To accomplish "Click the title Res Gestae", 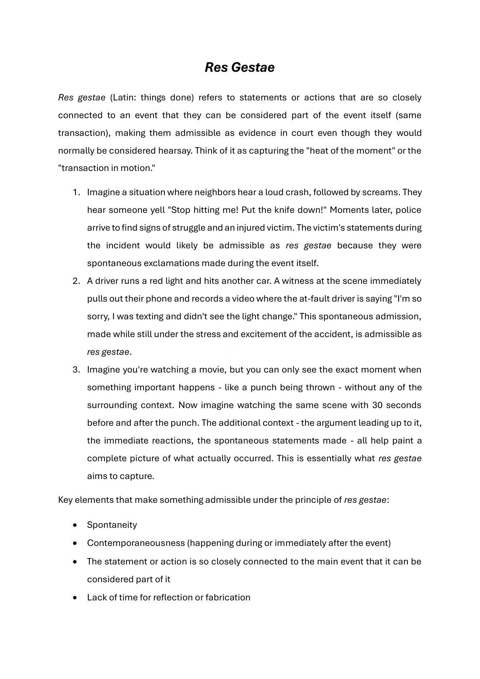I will click(239, 67).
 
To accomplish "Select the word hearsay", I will click(176, 151).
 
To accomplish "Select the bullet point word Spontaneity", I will click(112, 525).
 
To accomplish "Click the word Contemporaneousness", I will click(135, 543).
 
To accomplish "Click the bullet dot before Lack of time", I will click(75, 598).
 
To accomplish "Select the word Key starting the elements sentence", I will click(65, 500).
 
